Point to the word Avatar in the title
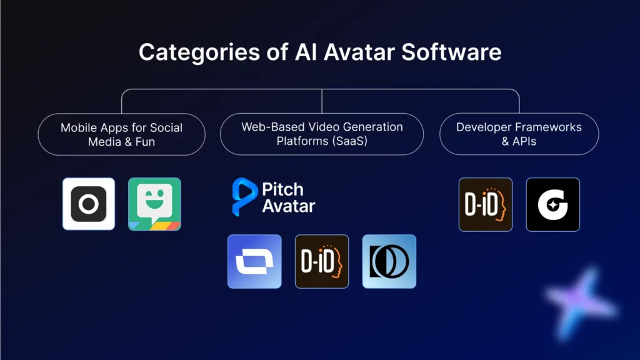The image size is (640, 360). pos(361,52)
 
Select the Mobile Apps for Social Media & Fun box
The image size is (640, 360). pos(122,134)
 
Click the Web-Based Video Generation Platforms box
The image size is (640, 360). pos(322,134)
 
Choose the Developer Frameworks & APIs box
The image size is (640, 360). pos(519,134)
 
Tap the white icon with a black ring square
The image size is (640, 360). pos(89,204)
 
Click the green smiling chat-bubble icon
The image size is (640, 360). pos(154,204)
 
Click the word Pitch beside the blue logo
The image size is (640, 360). pos(283,189)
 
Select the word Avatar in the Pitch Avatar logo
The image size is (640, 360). pos(289,206)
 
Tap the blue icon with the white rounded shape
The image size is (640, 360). pos(254,261)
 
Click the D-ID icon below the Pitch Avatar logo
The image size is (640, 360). pos(322,261)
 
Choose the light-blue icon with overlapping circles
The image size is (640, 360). pos(389,261)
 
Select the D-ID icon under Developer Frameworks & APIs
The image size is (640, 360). pos(486,204)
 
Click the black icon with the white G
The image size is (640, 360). pos(552,204)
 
